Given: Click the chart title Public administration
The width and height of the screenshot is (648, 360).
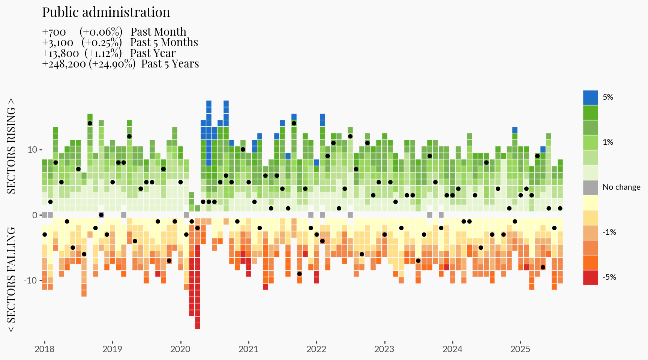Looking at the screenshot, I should tap(106, 12).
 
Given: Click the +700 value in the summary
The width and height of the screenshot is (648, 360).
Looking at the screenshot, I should tap(54, 32).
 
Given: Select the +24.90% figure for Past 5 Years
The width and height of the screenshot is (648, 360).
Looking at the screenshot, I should tap(112, 64).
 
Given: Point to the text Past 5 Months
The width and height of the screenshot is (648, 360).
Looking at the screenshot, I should tap(164, 42).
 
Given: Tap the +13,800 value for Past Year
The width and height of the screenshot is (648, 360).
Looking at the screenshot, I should tap(60, 54).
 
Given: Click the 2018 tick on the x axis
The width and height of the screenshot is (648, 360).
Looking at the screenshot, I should tap(45, 349).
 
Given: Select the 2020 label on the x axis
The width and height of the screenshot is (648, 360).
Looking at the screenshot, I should tap(180, 349).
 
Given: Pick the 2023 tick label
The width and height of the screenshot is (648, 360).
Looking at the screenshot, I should tap(384, 349).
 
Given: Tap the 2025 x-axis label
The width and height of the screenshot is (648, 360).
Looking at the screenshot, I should tap(520, 349).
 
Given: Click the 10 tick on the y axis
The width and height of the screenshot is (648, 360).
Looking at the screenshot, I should tap(32, 150).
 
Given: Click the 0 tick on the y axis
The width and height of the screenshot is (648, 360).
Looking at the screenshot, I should tap(35, 215).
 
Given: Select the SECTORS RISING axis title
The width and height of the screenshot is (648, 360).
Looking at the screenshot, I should tap(12, 146).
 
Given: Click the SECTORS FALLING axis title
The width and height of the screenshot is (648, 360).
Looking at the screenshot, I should tap(12, 280).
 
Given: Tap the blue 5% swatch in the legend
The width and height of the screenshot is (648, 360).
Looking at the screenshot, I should tap(590, 97).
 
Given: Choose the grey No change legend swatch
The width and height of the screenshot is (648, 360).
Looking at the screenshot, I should tap(590, 187).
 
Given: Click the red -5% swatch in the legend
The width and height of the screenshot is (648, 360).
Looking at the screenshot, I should tap(590, 277).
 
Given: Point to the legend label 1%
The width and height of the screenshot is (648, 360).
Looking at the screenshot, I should tap(608, 142).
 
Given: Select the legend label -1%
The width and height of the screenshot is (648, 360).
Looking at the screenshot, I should tap(609, 232).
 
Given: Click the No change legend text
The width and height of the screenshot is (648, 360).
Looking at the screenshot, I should tap(621, 187).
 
